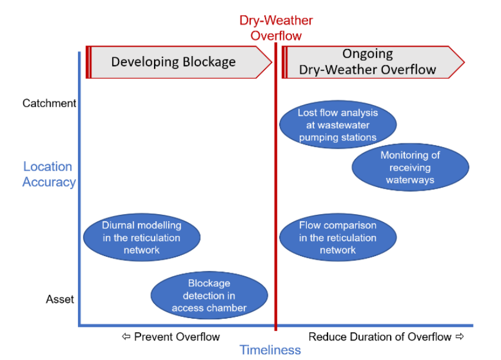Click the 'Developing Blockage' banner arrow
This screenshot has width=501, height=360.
tap(179, 62)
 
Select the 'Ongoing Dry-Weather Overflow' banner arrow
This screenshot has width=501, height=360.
tap(373, 62)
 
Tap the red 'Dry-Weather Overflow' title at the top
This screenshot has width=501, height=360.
tap(276, 28)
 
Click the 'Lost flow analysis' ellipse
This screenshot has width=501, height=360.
tap(338, 125)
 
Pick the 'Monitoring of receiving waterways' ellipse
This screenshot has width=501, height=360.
tap(410, 168)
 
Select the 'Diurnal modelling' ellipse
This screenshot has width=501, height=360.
tap(142, 237)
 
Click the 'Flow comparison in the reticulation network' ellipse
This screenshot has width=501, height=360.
tap(338, 237)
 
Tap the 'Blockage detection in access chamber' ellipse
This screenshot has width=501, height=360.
tap(209, 296)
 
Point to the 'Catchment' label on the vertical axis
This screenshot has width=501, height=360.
tap(49, 103)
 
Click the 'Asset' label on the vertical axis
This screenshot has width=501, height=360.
tap(60, 299)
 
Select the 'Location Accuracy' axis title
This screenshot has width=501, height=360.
tap(49, 174)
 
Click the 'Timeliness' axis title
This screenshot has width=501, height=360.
tap(270, 350)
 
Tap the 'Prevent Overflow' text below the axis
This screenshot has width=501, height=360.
tap(177, 336)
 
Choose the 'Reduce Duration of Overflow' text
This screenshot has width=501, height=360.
tap(380, 336)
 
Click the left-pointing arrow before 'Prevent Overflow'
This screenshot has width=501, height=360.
tap(126, 336)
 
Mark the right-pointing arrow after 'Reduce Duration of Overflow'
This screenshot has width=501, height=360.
tap(460, 336)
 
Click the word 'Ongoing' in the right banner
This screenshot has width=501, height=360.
tap(368, 54)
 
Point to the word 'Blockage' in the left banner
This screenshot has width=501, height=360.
tap(209, 61)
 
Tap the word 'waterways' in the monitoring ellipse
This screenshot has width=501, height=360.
tap(410, 180)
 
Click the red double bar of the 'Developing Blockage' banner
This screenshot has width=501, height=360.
tap(89, 62)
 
